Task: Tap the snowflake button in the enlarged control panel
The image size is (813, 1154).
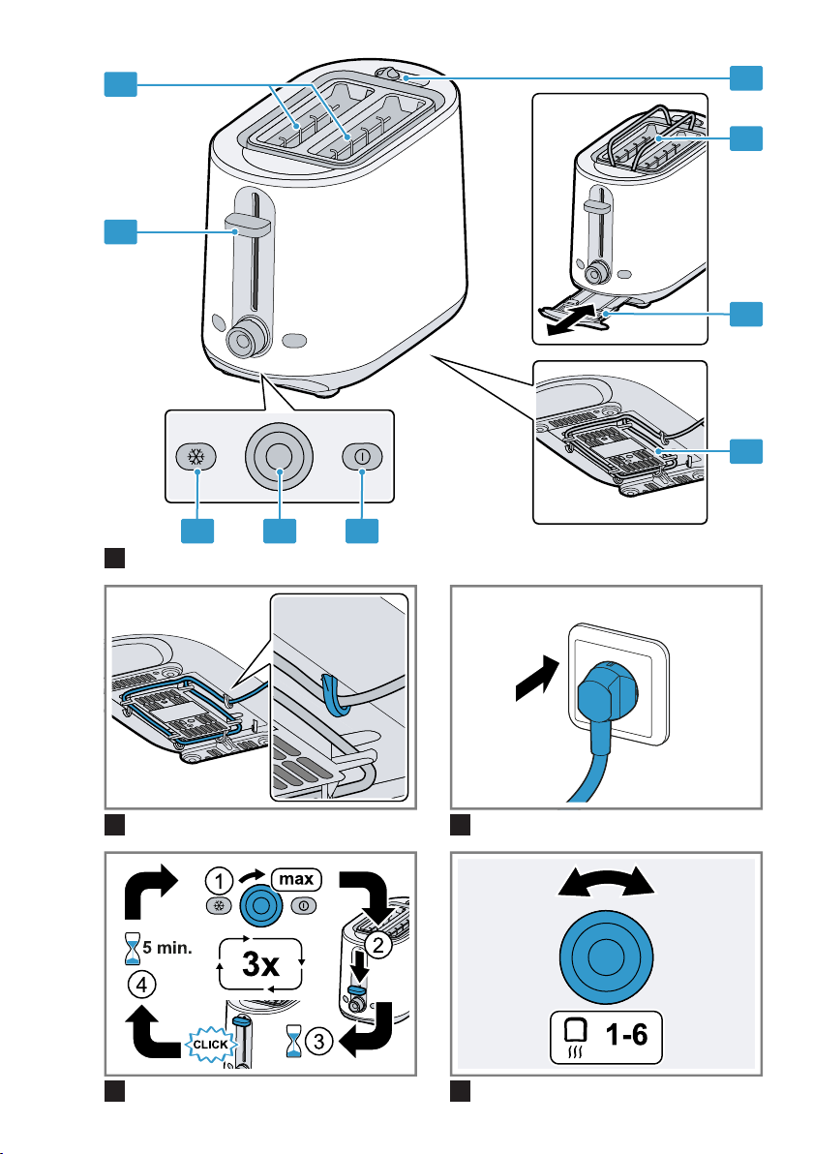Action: click(x=196, y=457)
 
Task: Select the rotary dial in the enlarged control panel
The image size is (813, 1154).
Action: click(x=280, y=456)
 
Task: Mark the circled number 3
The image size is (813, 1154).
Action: click(x=319, y=1042)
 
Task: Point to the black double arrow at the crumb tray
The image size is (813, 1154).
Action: click(x=570, y=319)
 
